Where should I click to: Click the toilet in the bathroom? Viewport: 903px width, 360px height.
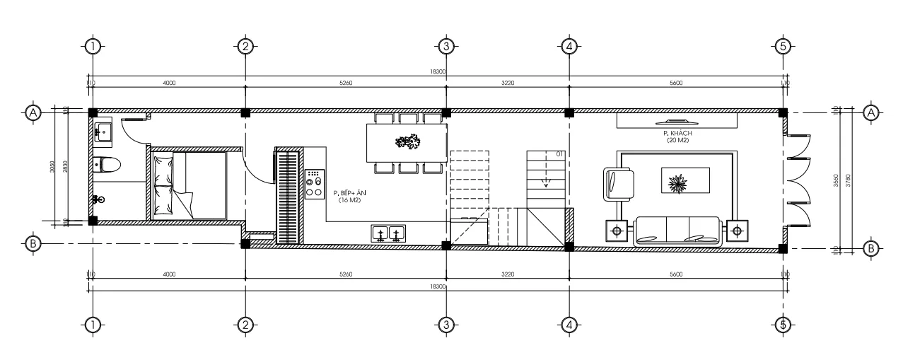coord(107,165)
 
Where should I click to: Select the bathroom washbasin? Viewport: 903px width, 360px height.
coord(103,130)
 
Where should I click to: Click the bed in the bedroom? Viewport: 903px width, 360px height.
coord(189,185)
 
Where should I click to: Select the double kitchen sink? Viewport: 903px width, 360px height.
coord(388,233)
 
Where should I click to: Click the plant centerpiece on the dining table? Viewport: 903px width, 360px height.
coord(407,142)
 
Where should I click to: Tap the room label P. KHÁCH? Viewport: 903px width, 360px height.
coord(676,134)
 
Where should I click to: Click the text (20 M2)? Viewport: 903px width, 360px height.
coord(677,141)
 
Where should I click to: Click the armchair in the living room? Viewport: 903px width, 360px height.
coord(619,183)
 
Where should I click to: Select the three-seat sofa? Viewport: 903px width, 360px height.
coord(677,231)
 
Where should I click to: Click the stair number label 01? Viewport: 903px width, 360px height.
coord(559,154)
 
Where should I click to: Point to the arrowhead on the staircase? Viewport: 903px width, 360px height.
coord(545,185)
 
